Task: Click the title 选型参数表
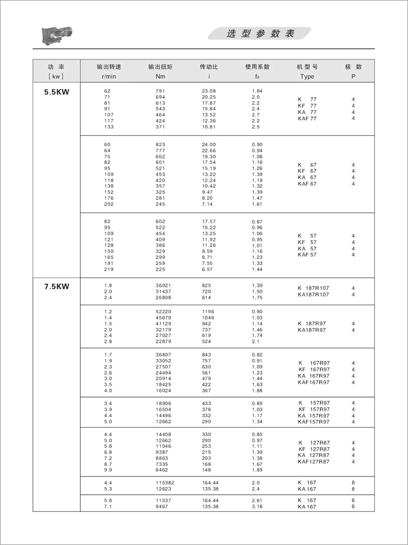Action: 260,34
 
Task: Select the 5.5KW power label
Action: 56,91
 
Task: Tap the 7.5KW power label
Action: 56,286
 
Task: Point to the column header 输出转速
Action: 109,67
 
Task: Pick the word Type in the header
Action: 307,76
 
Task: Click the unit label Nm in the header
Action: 160,76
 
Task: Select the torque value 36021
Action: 164,285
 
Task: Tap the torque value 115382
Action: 165,483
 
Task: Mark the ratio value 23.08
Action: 209,91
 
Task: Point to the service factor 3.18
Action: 257,506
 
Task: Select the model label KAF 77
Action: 307,118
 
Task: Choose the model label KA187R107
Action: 313,294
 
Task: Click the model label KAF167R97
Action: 313,382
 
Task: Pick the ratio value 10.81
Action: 209,126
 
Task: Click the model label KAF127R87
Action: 313,461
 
